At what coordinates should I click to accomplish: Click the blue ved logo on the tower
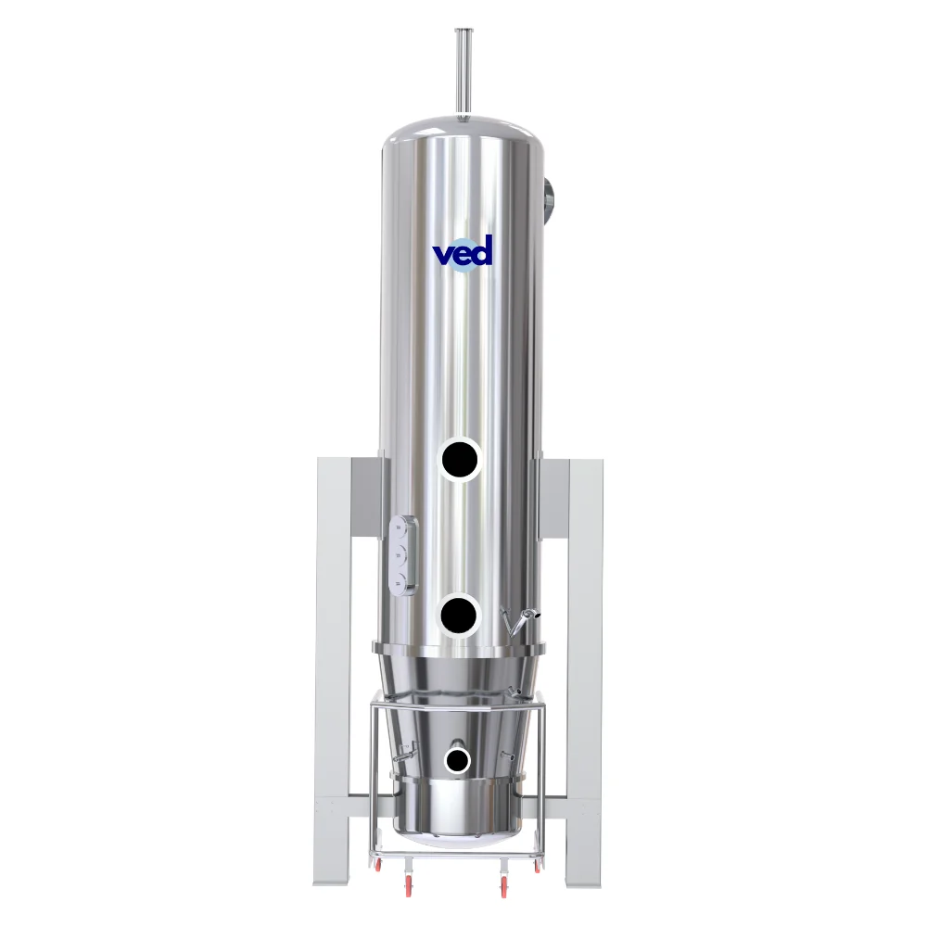coord(463,252)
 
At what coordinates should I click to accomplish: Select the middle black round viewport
coord(459,615)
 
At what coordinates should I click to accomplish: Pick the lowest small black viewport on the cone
coord(457,760)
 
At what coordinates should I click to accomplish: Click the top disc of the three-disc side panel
coord(401,527)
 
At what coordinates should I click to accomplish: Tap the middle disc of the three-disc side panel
coord(401,554)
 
